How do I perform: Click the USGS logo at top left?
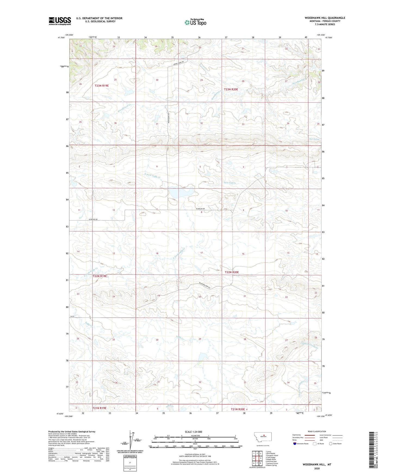[x=60, y=21]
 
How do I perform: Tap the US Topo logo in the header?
[x=195, y=22]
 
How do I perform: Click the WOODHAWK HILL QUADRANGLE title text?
[x=325, y=18]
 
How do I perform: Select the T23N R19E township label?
[x=102, y=86]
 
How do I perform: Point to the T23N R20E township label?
[x=231, y=89]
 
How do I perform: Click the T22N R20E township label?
[x=231, y=272]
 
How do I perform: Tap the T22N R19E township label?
[x=100, y=276]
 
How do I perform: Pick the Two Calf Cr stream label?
[x=229, y=183]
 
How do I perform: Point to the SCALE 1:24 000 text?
[x=193, y=432]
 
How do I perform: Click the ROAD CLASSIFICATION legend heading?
[x=317, y=431]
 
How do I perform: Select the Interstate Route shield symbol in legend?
[x=295, y=444]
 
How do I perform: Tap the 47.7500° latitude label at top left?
[x=61, y=38]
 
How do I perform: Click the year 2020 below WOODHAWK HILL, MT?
[x=317, y=468]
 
